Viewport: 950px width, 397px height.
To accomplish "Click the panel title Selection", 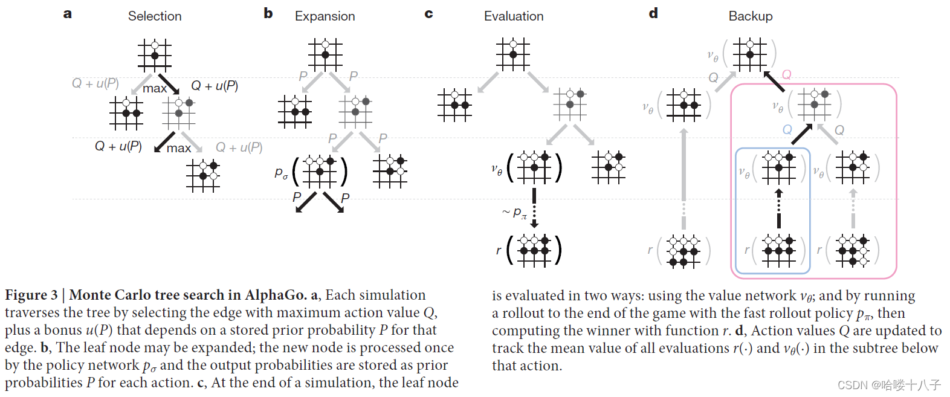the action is point(155,16).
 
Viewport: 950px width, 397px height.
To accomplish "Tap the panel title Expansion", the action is point(325,16).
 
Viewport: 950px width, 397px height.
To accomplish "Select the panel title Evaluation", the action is point(514,16).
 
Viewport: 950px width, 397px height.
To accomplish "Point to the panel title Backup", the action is point(750,16).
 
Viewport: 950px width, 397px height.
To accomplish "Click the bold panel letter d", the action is point(653,13).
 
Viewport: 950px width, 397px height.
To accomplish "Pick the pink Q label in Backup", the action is point(787,75).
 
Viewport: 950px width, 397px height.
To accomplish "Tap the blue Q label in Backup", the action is point(787,130).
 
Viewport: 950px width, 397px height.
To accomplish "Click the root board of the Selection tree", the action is point(155,55).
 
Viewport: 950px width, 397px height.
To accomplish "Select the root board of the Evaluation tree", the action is point(513,54).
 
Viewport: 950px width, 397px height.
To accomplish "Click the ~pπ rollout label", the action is point(514,212).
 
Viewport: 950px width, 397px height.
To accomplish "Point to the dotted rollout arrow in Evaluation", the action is point(534,208).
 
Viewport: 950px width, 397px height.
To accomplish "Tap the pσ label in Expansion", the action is point(281,173).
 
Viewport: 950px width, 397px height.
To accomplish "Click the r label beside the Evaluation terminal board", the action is point(499,250).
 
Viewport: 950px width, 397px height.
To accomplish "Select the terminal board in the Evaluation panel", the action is point(534,250).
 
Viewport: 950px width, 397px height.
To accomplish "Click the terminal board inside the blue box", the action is point(778,250).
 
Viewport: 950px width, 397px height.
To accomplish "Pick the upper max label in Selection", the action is point(155,88).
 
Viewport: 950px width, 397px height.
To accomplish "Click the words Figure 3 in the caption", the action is point(31,295).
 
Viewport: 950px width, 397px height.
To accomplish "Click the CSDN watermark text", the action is point(889,385).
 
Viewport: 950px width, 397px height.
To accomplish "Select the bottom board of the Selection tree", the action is point(203,176).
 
